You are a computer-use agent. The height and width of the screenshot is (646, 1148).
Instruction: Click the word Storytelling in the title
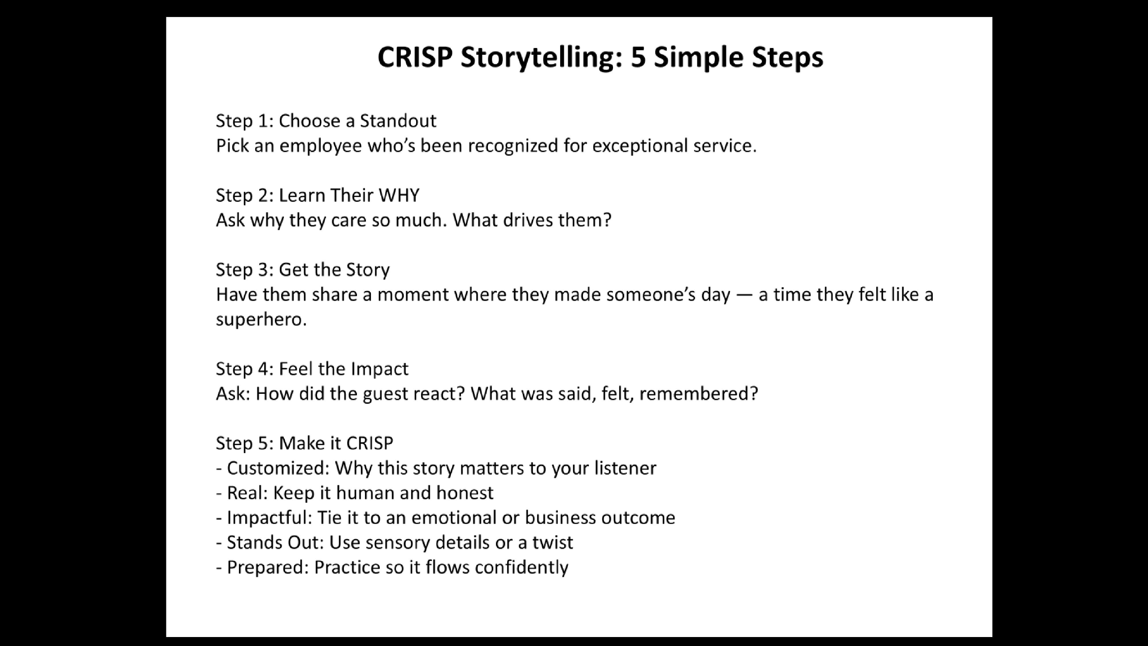pos(542,58)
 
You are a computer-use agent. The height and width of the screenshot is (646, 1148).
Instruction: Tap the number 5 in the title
pos(638,57)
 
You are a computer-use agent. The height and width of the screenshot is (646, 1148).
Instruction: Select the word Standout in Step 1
pos(398,121)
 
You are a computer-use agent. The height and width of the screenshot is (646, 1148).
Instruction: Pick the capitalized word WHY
pos(399,195)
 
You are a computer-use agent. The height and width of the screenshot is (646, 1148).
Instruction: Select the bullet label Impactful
pos(267,518)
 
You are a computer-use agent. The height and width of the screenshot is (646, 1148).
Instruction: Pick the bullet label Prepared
pos(265,567)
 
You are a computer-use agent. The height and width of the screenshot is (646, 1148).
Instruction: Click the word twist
pos(552,543)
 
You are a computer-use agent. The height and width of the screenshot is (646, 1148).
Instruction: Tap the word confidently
pos(522,567)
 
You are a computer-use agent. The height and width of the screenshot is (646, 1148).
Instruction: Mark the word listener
pos(625,468)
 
